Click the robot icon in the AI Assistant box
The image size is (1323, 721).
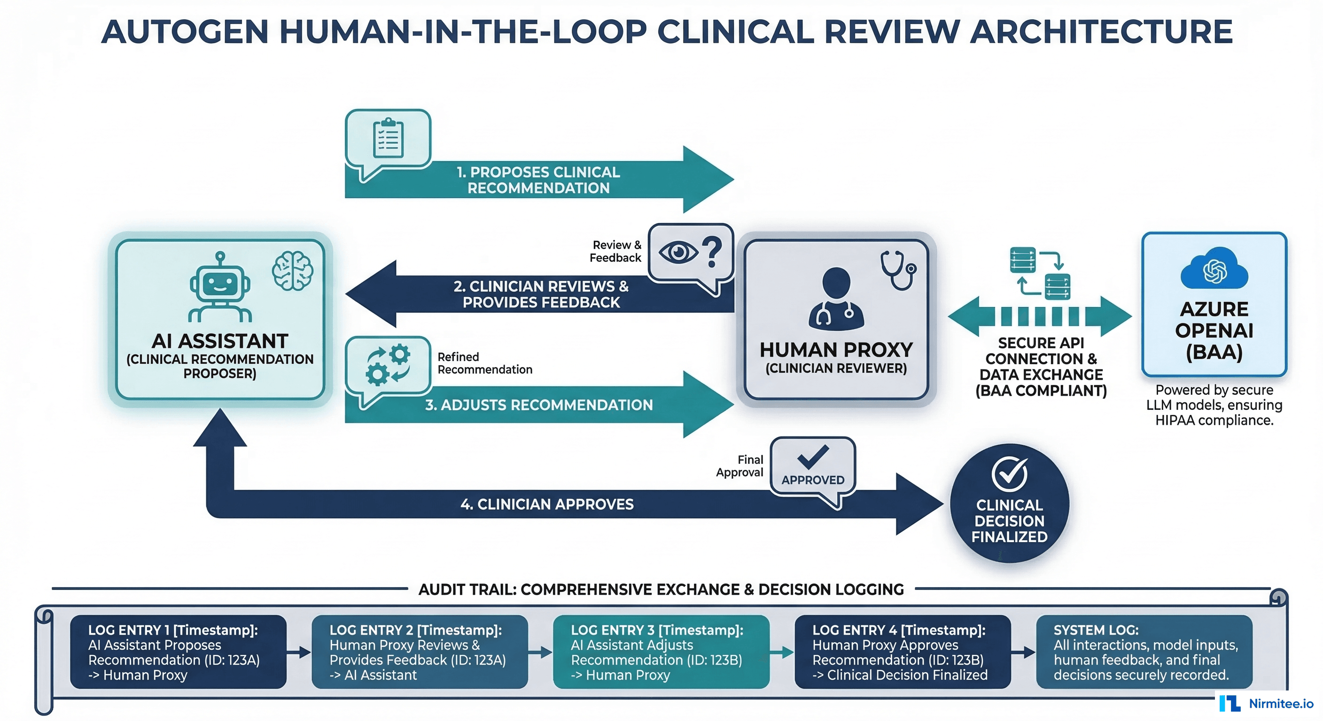click(x=220, y=287)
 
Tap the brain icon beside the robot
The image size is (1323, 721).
click(x=292, y=271)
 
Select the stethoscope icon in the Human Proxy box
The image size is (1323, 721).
click(x=898, y=270)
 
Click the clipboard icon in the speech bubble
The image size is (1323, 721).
click(x=388, y=138)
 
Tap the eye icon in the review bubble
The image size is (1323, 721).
click(x=678, y=252)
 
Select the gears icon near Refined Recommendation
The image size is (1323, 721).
click(x=388, y=365)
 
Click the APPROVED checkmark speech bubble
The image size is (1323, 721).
click(x=812, y=467)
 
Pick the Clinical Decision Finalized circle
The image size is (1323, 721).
click(x=1009, y=503)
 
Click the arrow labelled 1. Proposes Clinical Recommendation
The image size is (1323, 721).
click(x=538, y=180)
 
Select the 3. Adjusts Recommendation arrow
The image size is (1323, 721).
click(x=538, y=405)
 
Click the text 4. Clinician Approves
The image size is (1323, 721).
click(x=547, y=504)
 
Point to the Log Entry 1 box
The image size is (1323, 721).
click(x=178, y=652)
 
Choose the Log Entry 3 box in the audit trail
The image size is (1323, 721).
click(x=661, y=652)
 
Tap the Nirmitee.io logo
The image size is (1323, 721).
click(x=1267, y=703)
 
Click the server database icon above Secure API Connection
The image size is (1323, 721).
click(x=1040, y=274)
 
